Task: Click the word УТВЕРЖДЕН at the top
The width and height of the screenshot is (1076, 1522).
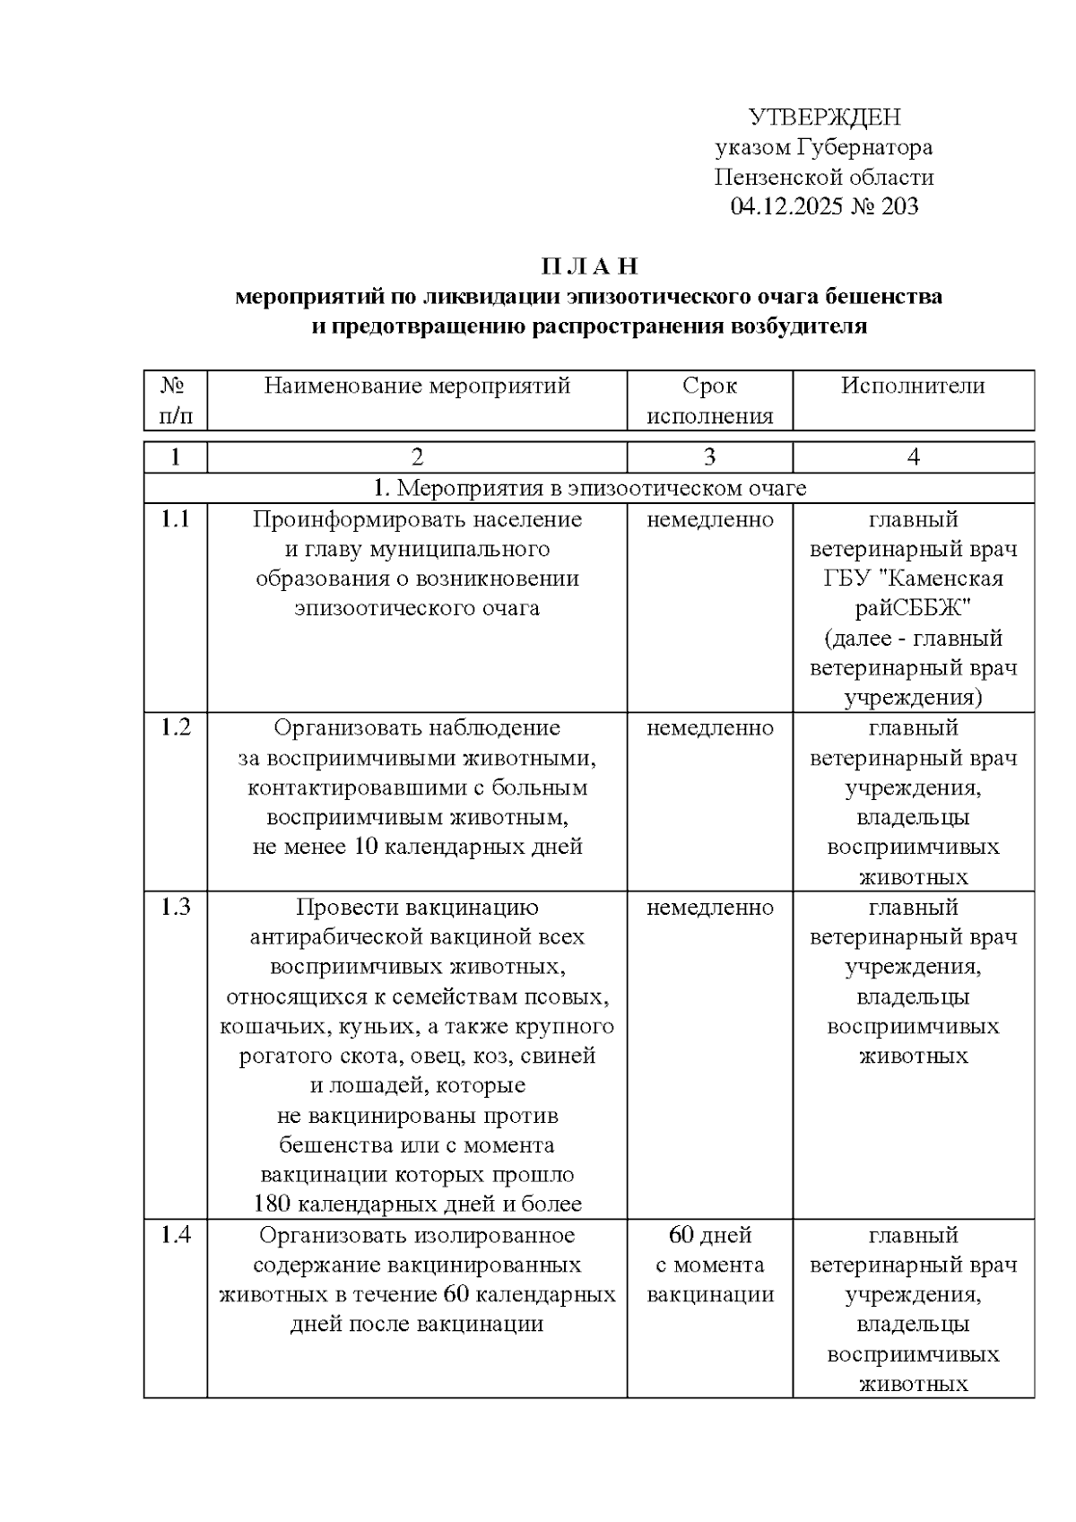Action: tap(824, 117)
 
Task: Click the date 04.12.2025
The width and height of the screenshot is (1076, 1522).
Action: tap(786, 207)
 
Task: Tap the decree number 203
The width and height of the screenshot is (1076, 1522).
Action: tap(899, 207)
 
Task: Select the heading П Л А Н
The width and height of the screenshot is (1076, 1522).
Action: tap(589, 266)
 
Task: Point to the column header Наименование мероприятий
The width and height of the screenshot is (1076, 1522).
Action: tap(417, 386)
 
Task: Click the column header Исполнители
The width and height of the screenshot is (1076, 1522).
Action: tap(913, 386)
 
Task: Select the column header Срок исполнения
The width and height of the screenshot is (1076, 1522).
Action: tap(709, 401)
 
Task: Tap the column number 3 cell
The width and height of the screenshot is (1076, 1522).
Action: tap(709, 457)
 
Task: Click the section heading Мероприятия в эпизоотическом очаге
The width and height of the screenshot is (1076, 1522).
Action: tap(589, 488)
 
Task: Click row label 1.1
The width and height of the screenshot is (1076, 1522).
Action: tap(175, 519)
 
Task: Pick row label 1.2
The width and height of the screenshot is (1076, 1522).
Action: tap(175, 727)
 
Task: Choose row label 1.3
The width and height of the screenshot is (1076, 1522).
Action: tap(175, 907)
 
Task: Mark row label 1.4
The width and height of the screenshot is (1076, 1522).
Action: tap(175, 1235)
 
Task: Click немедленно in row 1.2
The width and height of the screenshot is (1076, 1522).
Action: tap(709, 727)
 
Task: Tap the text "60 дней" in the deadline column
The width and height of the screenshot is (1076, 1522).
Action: tap(709, 1235)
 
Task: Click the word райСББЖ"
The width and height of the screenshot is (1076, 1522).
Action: tap(913, 608)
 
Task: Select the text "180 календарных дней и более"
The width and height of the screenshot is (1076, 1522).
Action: tap(417, 1204)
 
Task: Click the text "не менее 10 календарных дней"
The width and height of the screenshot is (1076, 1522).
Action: tap(417, 847)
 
